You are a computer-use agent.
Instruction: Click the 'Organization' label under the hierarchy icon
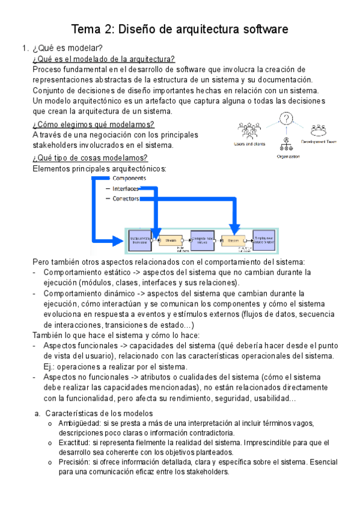(288, 156)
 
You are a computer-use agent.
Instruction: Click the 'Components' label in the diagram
(129, 179)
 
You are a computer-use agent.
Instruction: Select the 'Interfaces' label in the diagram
(126, 188)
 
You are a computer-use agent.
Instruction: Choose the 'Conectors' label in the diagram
(126, 198)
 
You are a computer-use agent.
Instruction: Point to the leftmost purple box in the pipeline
(140, 239)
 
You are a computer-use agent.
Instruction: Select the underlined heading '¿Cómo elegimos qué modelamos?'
(93, 124)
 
